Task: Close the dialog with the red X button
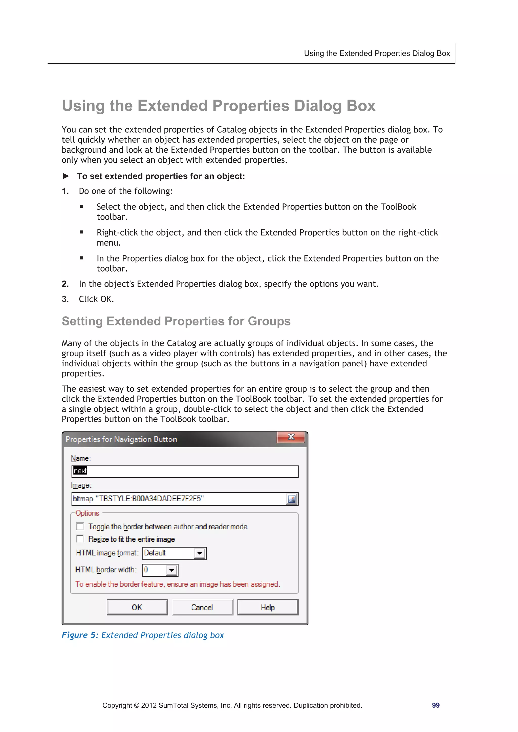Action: tap(291, 437)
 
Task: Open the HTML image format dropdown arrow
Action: tap(200, 553)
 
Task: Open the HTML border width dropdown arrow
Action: tap(171, 570)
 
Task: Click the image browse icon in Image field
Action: tap(291, 499)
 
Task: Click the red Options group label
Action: tap(87, 513)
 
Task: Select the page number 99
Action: tap(436, 705)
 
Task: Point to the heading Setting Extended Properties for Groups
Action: tap(176, 321)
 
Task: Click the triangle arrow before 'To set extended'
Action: tap(66, 176)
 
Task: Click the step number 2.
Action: tap(65, 284)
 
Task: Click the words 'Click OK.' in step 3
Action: tap(96, 299)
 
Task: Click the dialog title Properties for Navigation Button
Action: tap(121, 439)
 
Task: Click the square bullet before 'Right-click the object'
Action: tap(82, 232)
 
